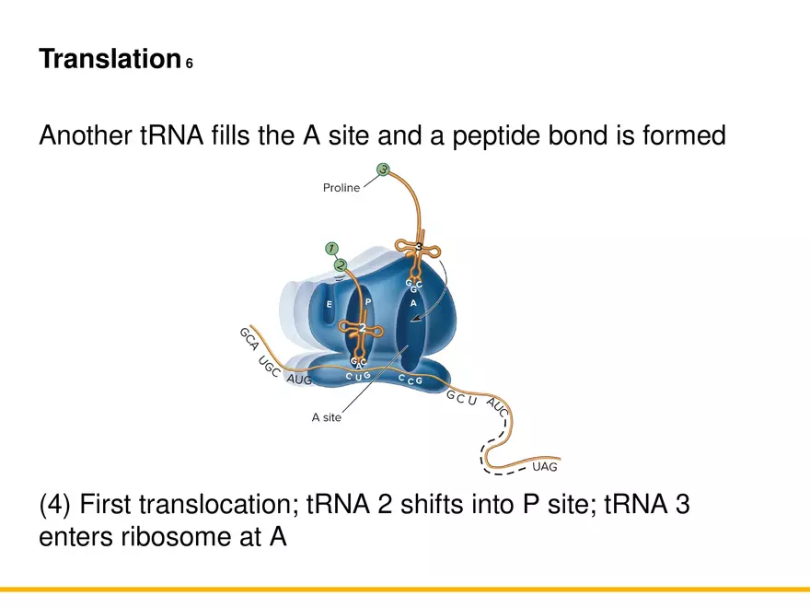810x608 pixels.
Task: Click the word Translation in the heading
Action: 109,60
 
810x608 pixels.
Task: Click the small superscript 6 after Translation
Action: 190,64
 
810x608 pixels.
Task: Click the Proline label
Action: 341,188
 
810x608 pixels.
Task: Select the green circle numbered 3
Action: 383,170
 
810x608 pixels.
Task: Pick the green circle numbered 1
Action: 331,249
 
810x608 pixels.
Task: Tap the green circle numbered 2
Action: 341,264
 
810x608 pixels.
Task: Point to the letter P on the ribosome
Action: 367,301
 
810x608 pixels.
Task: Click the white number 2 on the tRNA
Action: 363,327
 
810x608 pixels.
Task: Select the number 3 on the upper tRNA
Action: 417,247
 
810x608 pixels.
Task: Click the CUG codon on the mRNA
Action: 358,376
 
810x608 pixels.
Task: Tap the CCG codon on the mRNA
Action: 411,379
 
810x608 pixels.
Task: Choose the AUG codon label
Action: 299,380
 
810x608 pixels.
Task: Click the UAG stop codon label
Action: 545,466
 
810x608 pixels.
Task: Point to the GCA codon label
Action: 248,339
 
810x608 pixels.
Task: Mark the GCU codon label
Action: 461,399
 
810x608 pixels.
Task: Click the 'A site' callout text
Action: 327,417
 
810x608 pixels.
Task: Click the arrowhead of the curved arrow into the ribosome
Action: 415,319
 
